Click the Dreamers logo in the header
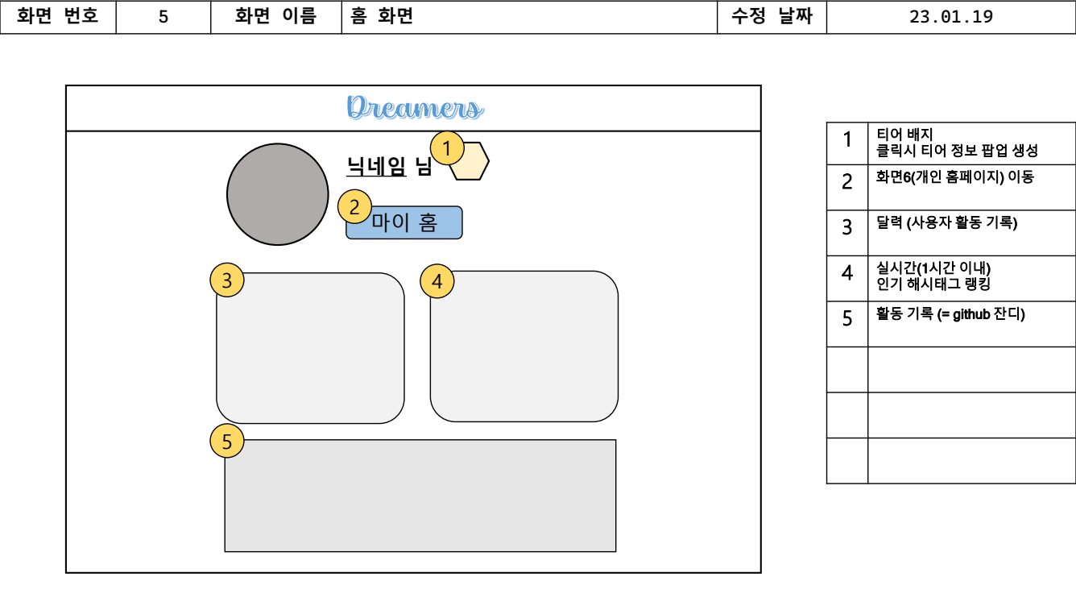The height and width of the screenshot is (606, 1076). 415,108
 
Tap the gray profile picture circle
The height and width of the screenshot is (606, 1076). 278,194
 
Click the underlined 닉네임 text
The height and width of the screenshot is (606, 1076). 376,166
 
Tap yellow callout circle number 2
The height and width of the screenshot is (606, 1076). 354,206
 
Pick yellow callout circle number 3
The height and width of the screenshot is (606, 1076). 227,280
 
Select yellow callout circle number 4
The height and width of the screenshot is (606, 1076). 437,280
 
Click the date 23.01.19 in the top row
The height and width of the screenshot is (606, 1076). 950,17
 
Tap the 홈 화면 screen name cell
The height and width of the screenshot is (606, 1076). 382,17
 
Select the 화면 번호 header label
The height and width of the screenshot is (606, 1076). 58,17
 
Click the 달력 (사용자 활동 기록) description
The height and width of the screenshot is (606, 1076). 946,223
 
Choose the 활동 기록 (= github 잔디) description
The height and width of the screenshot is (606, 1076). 950,314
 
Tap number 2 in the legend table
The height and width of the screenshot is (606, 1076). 847,182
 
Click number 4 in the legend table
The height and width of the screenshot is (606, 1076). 847,273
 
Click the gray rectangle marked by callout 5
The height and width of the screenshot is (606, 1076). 420,496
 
